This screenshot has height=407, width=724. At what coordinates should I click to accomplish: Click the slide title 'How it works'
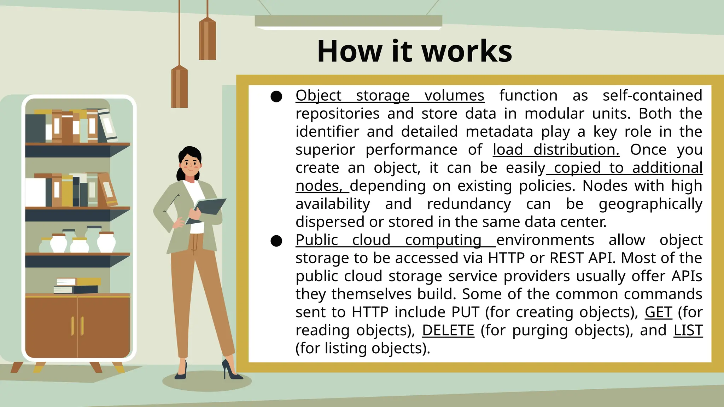tap(414, 52)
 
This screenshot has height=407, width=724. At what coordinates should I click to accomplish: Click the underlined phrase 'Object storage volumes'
tap(390, 96)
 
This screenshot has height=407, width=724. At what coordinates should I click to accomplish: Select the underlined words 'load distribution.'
tap(556, 150)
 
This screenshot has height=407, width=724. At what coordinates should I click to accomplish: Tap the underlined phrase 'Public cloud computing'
tap(395, 240)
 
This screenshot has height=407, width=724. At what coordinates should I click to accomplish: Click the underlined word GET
tap(658, 312)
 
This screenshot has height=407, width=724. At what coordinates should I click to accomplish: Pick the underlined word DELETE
tap(448, 330)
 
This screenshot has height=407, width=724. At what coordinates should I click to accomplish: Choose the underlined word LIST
tap(688, 330)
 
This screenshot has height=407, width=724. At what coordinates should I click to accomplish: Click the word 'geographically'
tap(650, 204)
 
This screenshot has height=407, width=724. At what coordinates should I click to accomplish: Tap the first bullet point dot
tap(276, 96)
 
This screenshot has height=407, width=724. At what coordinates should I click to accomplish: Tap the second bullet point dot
tap(276, 241)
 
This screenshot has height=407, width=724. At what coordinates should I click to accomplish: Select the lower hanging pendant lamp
tap(179, 87)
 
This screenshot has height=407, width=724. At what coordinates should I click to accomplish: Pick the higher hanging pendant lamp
tap(207, 39)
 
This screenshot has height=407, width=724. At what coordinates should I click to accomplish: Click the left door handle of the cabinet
tap(72, 326)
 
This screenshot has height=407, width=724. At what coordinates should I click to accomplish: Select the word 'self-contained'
tap(652, 96)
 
